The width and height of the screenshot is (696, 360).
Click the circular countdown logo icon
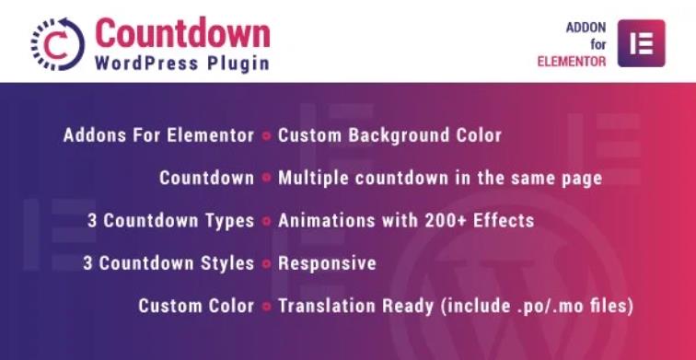[x=56, y=44]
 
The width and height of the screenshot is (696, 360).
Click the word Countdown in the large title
[x=182, y=33]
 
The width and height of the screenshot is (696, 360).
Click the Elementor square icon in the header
[x=641, y=43]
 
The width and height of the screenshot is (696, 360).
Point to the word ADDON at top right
[x=586, y=28]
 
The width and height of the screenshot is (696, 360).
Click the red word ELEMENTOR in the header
[x=572, y=62]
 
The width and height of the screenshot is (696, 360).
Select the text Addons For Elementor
[x=158, y=135]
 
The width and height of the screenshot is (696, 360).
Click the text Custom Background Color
[x=389, y=135]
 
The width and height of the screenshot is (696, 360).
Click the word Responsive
[x=327, y=263]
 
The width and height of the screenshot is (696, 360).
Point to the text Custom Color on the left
[x=196, y=306]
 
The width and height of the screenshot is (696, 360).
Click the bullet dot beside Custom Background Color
[x=266, y=136]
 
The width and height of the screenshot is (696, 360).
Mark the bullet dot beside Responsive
[x=266, y=264]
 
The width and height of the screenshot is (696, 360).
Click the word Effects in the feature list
[x=505, y=221]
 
